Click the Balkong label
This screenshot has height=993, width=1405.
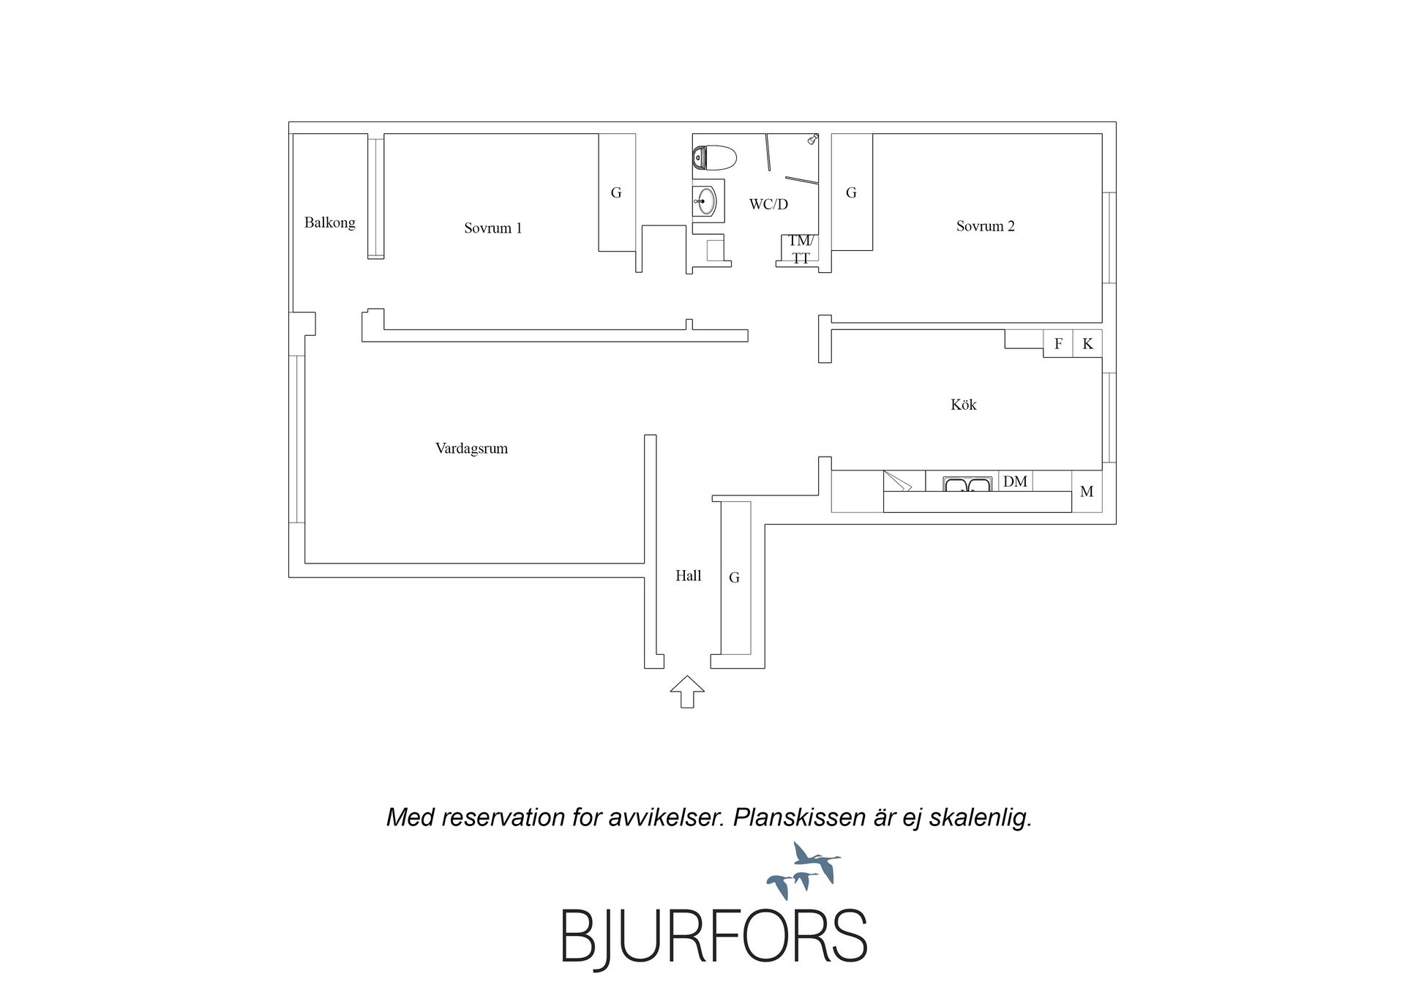[330, 222]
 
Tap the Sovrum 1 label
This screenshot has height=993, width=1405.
[493, 228]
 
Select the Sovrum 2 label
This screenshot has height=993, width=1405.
[986, 226]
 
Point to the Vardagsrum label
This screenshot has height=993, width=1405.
[471, 449]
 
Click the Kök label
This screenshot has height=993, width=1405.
[964, 404]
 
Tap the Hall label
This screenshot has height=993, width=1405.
[688, 576]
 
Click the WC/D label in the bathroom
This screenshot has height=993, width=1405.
[768, 204]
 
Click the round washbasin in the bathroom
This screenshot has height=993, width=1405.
[706, 201]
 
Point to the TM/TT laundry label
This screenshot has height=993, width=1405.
[800, 250]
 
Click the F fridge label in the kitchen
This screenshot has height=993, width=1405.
[1058, 344]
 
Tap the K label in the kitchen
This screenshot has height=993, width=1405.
[1087, 344]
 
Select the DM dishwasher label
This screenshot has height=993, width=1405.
[1015, 481]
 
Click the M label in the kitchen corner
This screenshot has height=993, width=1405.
[1087, 492]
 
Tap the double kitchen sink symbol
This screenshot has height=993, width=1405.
[967, 484]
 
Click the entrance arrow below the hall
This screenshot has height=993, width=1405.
[687, 692]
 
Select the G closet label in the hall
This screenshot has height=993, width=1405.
[734, 578]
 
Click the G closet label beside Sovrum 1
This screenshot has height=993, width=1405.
[616, 193]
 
